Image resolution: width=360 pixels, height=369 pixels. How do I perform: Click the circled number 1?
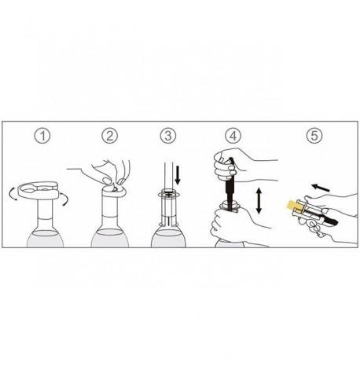(x=42, y=136)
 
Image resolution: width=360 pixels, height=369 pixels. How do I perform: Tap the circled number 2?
(x=110, y=136)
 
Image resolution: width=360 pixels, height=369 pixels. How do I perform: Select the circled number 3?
(x=168, y=136)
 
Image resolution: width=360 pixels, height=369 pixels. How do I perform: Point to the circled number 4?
(x=233, y=136)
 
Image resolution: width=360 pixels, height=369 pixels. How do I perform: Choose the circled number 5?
(x=314, y=136)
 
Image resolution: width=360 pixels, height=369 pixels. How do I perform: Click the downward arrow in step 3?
(x=178, y=174)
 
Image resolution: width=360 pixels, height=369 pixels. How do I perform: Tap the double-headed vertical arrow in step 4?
(x=259, y=201)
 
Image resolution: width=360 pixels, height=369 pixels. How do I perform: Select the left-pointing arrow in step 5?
(x=321, y=188)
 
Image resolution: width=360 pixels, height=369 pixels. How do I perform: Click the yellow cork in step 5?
(x=292, y=206)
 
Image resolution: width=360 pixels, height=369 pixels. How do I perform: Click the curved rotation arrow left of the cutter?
(x=13, y=195)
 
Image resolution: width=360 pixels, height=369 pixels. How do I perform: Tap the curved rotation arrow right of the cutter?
(x=64, y=199)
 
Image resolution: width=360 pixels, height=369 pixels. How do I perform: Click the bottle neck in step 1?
(x=45, y=213)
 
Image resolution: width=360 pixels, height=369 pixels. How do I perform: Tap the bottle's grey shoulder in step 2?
(x=110, y=238)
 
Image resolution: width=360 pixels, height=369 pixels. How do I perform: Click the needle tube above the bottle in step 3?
(x=168, y=176)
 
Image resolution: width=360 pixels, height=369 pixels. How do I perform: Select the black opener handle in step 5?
(x=331, y=221)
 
